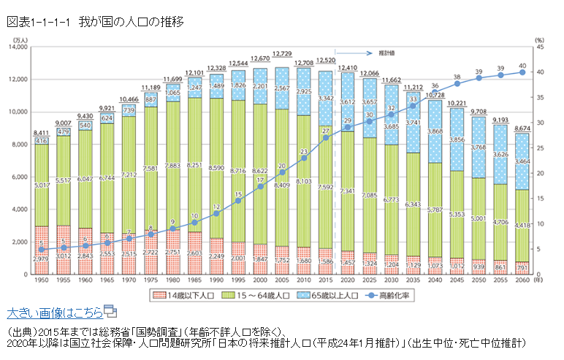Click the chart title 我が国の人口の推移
click(x=132, y=22)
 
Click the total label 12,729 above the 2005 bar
click(x=283, y=54)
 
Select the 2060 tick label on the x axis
click(x=522, y=280)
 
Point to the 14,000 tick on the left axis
click(x=16, y=47)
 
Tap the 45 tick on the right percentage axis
click(x=539, y=47)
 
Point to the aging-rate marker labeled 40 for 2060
click(x=522, y=72)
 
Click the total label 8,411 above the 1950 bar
click(x=41, y=132)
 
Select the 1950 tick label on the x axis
click(x=42, y=280)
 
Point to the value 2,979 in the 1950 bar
click(x=42, y=258)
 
